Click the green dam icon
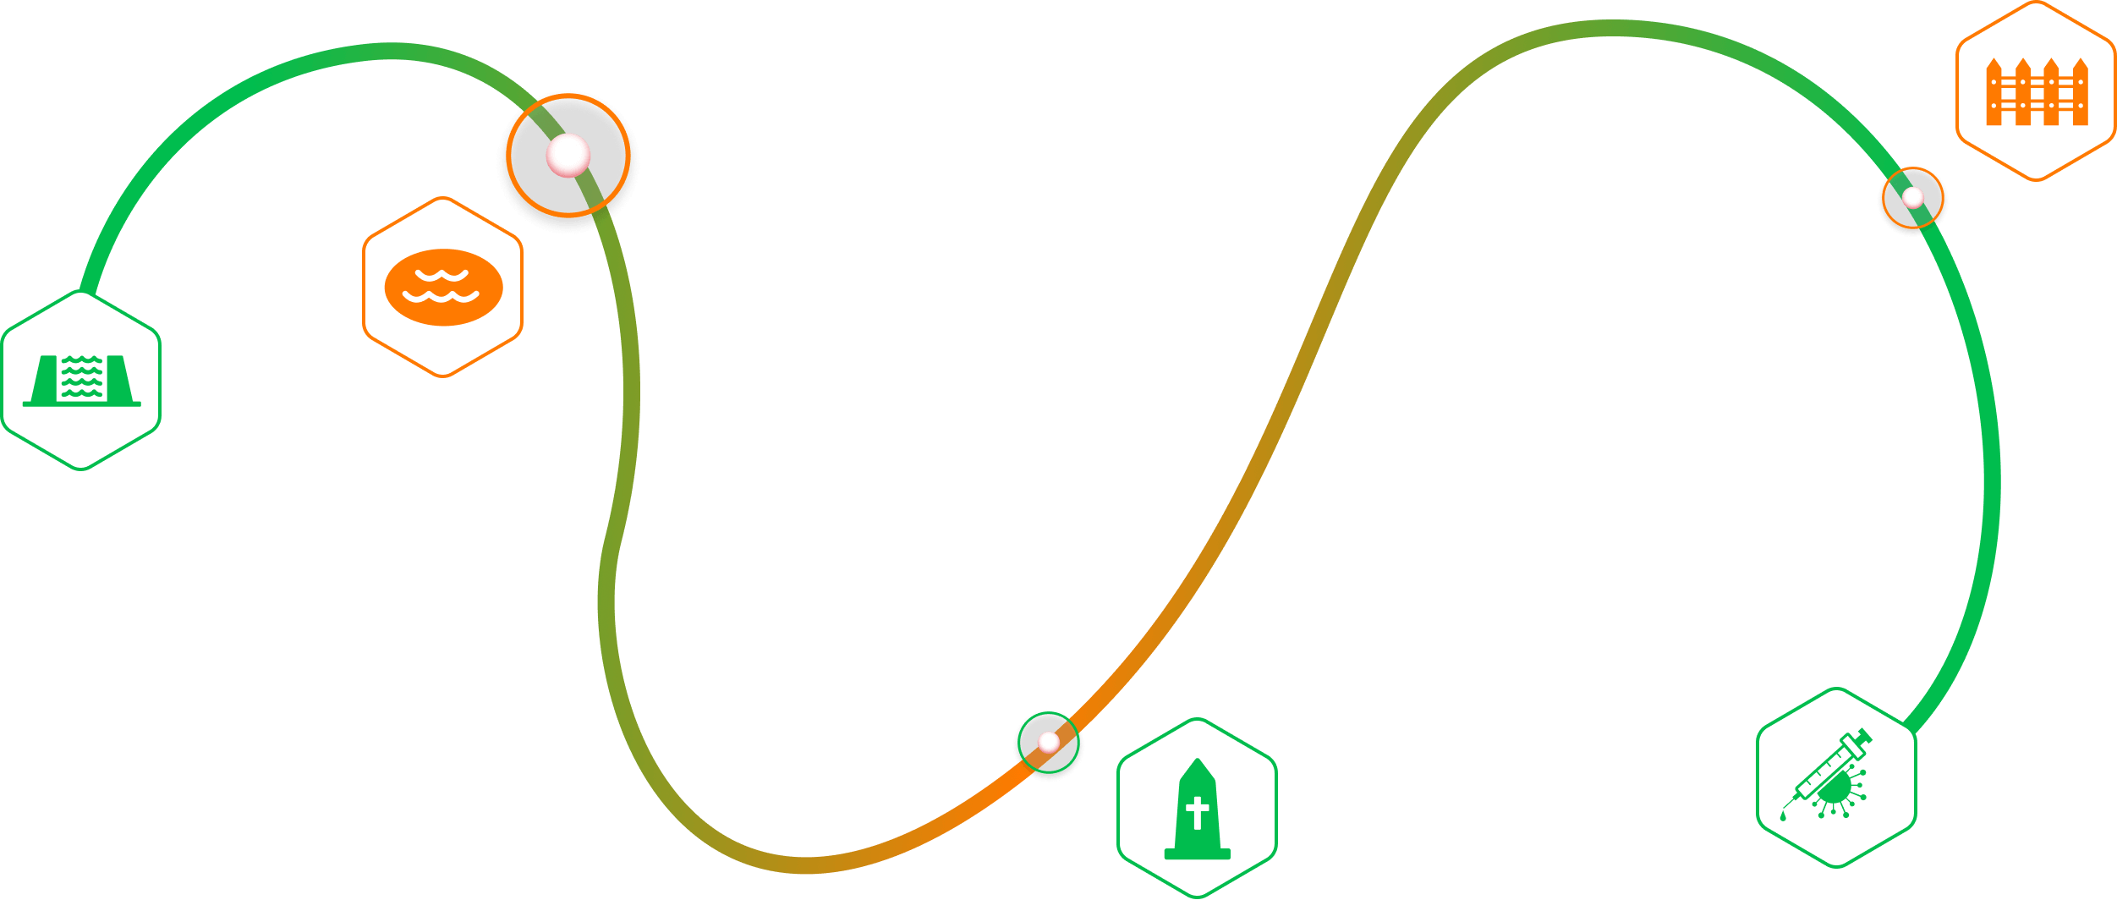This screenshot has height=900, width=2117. [81, 380]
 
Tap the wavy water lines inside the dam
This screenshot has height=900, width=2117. [82, 376]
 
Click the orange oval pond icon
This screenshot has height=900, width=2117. [443, 287]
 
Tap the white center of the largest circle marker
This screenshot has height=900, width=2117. [568, 156]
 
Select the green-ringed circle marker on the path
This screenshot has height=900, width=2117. [1048, 742]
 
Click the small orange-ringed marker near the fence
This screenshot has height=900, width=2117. [1912, 198]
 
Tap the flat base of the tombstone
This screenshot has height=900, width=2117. [1197, 854]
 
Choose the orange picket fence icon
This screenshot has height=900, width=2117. [2037, 92]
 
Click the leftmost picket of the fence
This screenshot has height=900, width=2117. [1994, 93]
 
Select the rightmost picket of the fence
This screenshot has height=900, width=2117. [2081, 93]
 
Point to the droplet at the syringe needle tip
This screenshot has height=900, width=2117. [1783, 816]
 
